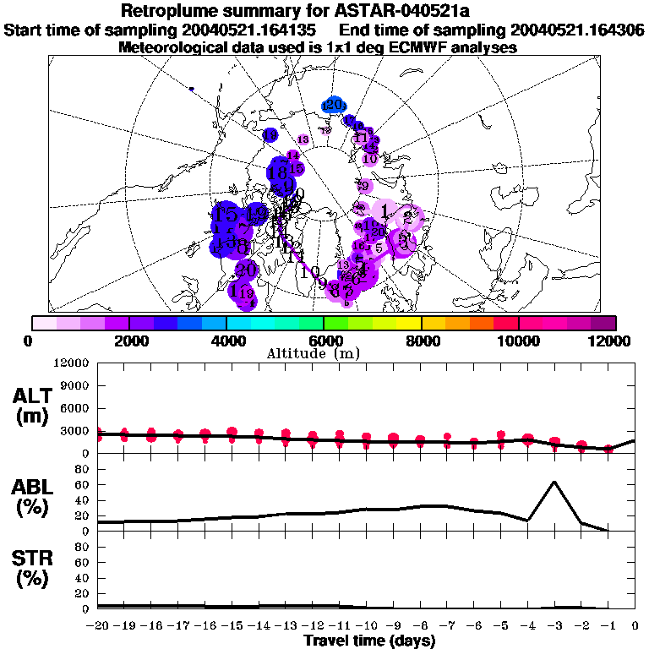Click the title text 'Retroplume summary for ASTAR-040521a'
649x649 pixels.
pyautogui.click(x=324, y=11)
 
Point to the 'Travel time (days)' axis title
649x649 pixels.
pyautogui.click(x=370, y=641)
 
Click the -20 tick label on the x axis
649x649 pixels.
pyautogui.click(x=98, y=626)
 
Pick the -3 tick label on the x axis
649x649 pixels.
pyautogui.click(x=554, y=626)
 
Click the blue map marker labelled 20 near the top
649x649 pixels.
pyautogui.click(x=333, y=105)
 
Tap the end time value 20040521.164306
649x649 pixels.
pyautogui.click(x=579, y=30)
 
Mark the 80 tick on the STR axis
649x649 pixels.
pyautogui.click(x=83, y=547)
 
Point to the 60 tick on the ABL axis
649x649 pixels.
pyautogui.click(x=83, y=484)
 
